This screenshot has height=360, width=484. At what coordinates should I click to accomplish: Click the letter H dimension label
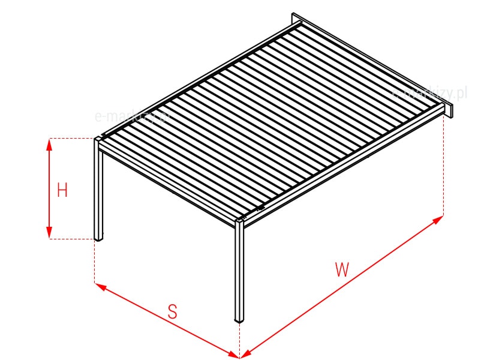tap(62, 191)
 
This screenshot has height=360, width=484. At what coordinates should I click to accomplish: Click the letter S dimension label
tap(173, 311)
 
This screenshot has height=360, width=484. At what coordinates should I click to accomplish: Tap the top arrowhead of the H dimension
tap(50, 144)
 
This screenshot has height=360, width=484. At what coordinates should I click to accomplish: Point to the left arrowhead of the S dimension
tap(100, 286)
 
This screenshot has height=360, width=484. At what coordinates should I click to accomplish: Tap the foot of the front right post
tap(240, 321)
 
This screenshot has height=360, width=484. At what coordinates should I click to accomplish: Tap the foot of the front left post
tap(99, 239)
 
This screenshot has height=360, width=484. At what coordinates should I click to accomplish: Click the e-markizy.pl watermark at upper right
tap(429, 94)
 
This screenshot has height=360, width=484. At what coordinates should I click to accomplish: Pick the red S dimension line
tap(168, 321)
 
